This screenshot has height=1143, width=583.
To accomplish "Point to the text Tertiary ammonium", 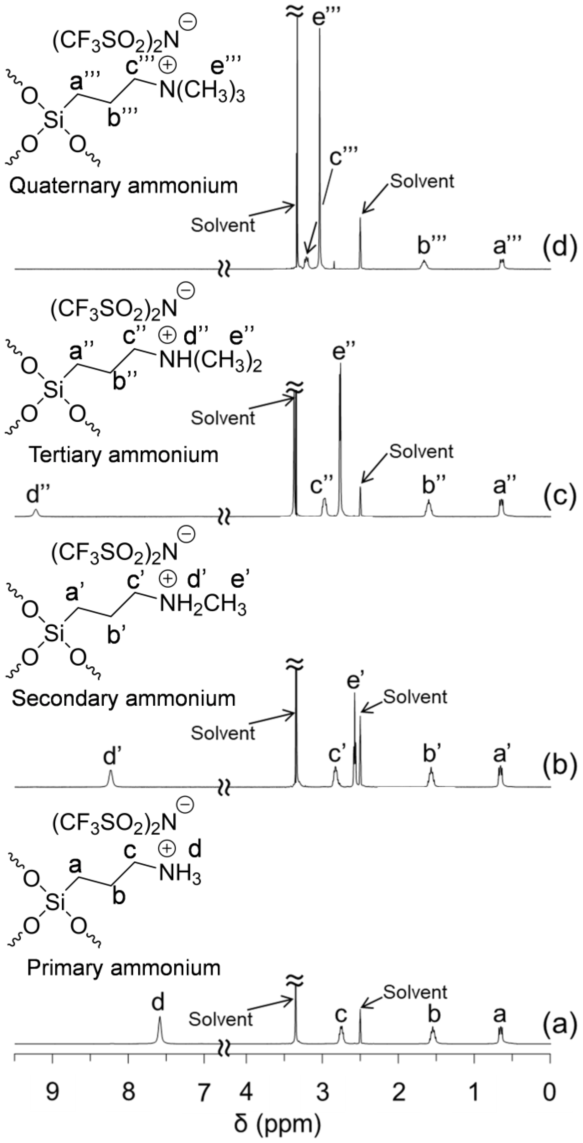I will coord(123,455).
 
